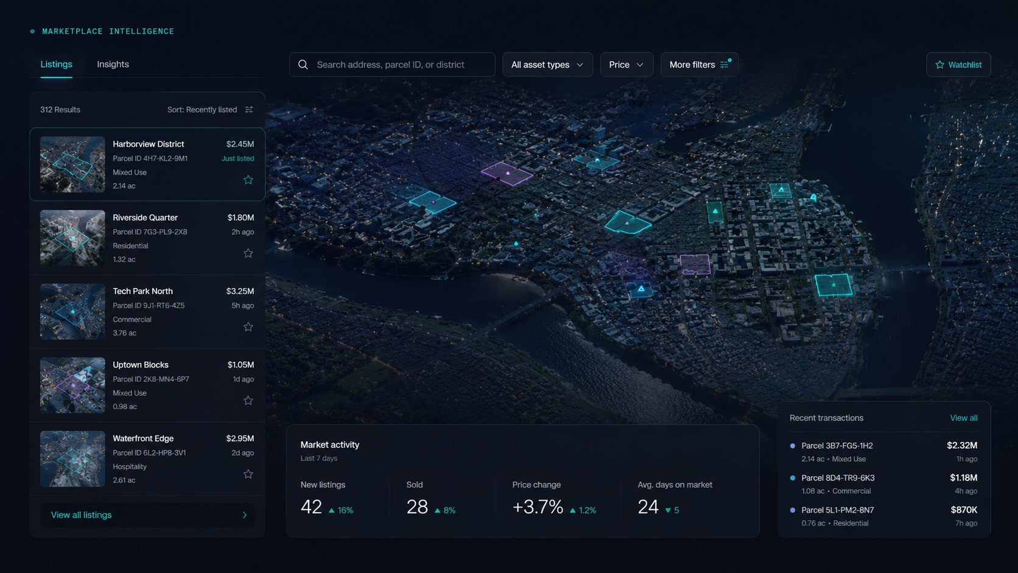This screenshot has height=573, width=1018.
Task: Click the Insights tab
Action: tap(113, 64)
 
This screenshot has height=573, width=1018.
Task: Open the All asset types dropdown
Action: tap(547, 65)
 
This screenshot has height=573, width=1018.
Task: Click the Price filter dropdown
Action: tap(627, 65)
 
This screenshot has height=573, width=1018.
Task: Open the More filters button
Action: tap(700, 65)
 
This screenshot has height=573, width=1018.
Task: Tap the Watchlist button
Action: tap(958, 65)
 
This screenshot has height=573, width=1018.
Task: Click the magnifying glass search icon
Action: tap(303, 65)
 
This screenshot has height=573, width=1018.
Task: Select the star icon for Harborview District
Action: tap(248, 180)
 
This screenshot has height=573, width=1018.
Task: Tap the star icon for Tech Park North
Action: tap(248, 327)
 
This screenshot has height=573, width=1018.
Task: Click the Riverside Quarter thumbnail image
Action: tap(72, 237)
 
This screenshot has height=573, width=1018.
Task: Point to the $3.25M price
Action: tap(240, 291)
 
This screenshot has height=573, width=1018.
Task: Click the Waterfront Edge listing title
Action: tap(143, 438)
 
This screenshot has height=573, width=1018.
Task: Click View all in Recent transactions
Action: tap(963, 418)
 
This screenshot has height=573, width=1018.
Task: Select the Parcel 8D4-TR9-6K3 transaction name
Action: tap(838, 477)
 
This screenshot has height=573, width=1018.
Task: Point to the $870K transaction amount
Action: tap(964, 510)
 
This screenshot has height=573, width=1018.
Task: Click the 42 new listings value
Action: tap(311, 507)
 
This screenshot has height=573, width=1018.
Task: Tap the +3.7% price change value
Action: tap(538, 507)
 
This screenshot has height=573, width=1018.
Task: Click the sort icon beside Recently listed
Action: tap(249, 110)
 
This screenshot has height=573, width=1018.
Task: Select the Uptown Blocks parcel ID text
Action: tap(151, 379)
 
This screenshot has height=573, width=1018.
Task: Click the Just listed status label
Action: tap(237, 158)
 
